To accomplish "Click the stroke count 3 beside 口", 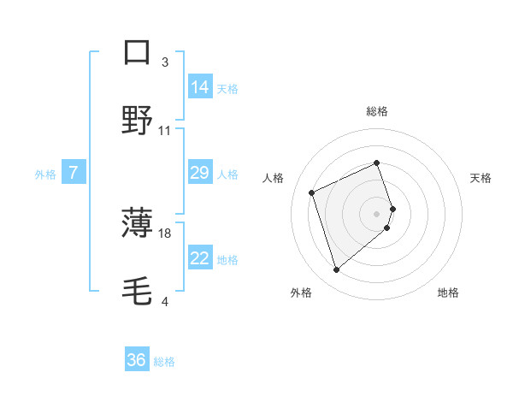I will click(x=165, y=62).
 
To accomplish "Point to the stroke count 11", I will click(x=165, y=131).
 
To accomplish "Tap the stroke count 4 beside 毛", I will click(x=165, y=302).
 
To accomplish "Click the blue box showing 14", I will click(x=200, y=86).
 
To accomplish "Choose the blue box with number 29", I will click(x=200, y=173).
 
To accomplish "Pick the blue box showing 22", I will click(x=200, y=258).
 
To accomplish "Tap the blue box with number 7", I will click(x=74, y=173).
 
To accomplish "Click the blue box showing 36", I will click(x=137, y=360).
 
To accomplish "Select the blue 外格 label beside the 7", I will click(x=45, y=174).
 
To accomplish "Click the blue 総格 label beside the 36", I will click(x=164, y=362).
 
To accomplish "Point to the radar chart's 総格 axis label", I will click(x=377, y=111).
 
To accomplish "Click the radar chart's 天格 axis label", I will click(x=481, y=178).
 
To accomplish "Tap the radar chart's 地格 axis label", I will click(x=448, y=293).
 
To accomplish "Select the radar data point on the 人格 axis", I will click(x=313, y=192).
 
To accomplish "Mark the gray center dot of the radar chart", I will click(x=377, y=212).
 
